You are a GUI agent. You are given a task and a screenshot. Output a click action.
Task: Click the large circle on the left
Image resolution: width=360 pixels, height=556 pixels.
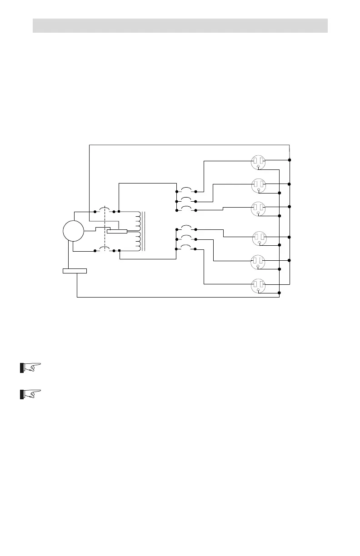73,231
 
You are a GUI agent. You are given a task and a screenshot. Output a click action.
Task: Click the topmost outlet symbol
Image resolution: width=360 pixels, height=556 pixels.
258,161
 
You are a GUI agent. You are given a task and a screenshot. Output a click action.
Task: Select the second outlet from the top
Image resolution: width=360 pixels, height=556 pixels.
258,185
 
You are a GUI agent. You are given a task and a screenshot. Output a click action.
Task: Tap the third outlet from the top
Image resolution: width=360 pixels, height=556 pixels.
258,208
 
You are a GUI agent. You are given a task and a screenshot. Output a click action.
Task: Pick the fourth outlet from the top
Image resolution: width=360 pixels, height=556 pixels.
258,238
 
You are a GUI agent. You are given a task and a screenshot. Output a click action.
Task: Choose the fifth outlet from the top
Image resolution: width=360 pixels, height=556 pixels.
258,261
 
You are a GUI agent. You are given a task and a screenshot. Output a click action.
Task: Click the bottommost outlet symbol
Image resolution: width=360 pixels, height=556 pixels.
258,286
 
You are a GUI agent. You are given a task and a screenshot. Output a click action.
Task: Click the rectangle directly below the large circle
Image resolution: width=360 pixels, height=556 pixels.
75,271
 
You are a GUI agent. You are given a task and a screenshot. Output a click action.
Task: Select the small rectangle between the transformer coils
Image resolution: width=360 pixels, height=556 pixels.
117,231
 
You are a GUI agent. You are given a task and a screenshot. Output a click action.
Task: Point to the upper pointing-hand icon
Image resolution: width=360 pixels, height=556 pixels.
30,367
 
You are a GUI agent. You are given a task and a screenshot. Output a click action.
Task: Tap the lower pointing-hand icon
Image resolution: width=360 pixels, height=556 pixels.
30,394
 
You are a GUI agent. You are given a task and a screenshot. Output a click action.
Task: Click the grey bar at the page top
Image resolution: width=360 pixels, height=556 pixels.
180,25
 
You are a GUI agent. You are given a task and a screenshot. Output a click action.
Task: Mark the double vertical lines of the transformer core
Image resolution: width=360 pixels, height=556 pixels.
144,231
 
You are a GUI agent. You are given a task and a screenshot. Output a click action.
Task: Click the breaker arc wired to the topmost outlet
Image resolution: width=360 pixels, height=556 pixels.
186,189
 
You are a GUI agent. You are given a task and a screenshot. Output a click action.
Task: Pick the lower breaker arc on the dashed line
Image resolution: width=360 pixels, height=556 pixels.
105,248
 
